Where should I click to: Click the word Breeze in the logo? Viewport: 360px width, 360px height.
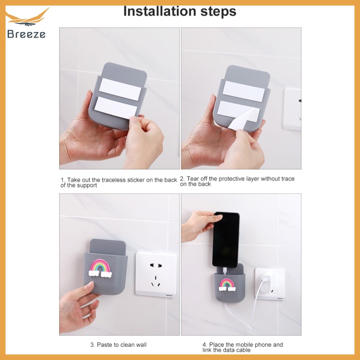pyautogui.click(x=26, y=34)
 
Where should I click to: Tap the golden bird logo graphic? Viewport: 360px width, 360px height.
pyautogui.click(x=27, y=17)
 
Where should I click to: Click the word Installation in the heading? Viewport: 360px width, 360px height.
pyautogui.click(x=160, y=11)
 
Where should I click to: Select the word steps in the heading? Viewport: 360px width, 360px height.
pyautogui.click(x=218, y=12)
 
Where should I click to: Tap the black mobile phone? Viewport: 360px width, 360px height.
pyautogui.click(x=225, y=240)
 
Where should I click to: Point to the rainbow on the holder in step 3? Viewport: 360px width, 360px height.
pyautogui.click(x=100, y=268)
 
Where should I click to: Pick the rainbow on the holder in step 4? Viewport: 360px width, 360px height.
pyautogui.click(x=227, y=285)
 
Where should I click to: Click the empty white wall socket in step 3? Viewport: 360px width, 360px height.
pyautogui.click(x=156, y=275)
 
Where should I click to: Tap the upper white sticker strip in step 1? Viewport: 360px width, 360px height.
pyautogui.click(x=120, y=89)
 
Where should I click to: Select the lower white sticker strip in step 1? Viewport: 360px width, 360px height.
pyautogui.click(x=116, y=108)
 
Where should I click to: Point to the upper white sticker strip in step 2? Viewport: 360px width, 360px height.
pyautogui.click(x=243, y=91)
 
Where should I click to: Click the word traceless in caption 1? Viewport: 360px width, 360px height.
pyautogui.click(x=114, y=180)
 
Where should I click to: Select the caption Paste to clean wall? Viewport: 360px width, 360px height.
pyautogui.click(x=118, y=344)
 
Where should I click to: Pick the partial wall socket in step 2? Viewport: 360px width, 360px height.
pyautogui.click(x=292, y=109)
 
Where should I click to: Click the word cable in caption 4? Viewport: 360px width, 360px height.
pyautogui.click(x=243, y=350)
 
